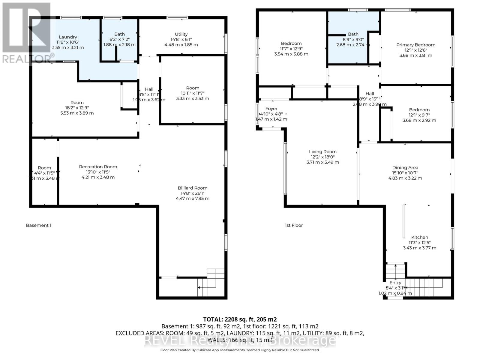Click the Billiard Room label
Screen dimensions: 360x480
[192, 188]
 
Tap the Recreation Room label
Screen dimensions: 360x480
[98, 167]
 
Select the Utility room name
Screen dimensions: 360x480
[181, 34]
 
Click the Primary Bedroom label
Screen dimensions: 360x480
[415, 45]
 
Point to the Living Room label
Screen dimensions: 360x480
[323, 152]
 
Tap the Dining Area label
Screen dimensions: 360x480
[405, 168]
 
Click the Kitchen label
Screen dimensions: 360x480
[419, 237]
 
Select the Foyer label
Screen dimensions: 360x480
[271, 109]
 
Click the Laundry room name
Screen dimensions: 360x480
[68, 37]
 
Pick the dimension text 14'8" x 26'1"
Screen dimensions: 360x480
[192, 193]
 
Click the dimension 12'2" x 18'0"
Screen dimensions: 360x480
[323, 157]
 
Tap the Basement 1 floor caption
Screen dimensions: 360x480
[39, 225]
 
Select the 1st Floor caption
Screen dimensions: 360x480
[294, 225]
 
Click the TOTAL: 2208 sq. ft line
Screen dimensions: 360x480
[240, 319]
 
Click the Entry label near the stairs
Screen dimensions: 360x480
[395, 283]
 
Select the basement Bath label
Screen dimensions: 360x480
[119, 34]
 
